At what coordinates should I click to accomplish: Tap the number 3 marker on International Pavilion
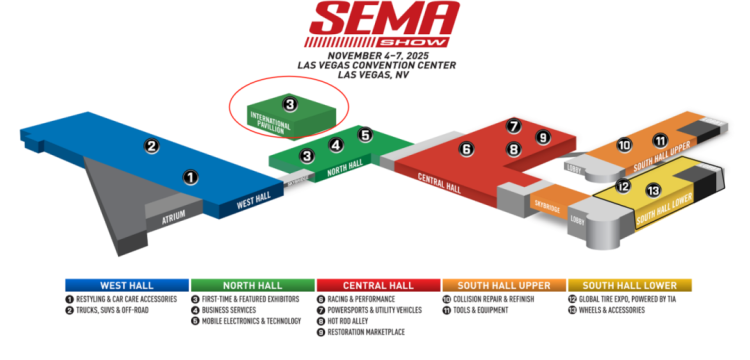[289, 103]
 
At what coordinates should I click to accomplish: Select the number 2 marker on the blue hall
[152, 146]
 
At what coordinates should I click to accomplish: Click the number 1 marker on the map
[190, 177]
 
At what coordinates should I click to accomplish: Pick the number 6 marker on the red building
[466, 149]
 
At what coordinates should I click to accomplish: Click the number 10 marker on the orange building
[624, 145]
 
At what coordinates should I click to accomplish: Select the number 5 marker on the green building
[365, 135]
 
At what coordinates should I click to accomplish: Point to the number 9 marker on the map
[543, 137]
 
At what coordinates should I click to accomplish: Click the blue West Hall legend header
[127, 284]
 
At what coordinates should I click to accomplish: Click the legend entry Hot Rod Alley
[352, 322]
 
